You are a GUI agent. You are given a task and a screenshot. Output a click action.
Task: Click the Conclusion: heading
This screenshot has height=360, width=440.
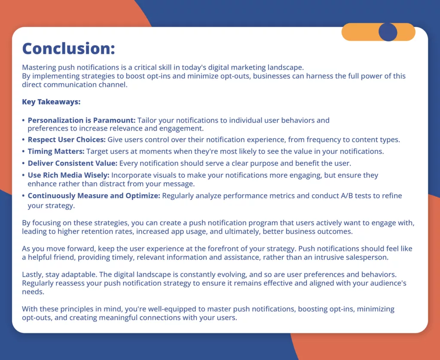coord(68,48)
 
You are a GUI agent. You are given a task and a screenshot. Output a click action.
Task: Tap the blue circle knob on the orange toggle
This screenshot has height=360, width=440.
coord(388,32)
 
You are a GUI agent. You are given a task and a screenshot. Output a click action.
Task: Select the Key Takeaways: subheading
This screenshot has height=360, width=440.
coord(51,102)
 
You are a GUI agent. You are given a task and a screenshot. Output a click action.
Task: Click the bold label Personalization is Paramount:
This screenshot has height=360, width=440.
coord(82,120)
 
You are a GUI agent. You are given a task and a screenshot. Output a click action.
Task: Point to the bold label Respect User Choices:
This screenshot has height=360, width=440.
coord(67,140)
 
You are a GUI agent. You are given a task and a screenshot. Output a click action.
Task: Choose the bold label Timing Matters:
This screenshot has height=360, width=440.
coord(56,151)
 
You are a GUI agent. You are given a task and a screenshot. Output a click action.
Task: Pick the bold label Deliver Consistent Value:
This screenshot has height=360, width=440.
coord(73,163)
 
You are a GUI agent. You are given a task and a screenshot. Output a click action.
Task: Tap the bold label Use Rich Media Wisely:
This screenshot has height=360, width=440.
coord(68,175)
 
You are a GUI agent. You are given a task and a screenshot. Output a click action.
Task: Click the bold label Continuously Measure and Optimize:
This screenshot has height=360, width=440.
coord(94,195)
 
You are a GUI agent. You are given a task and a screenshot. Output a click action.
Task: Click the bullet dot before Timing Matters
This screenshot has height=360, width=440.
coord(24,152)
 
